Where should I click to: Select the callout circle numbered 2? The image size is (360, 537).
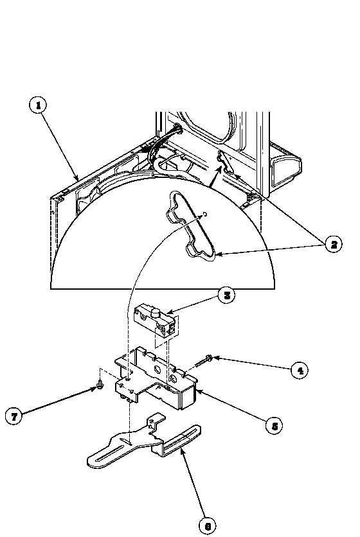(x=332, y=244)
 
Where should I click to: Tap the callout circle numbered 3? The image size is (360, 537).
(x=225, y=296)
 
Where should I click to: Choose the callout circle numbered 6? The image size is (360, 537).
(x=207, y=525)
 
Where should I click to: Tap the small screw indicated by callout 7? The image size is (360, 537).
(x=100, y=387)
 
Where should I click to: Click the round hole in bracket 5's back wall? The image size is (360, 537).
(x=158, y=371)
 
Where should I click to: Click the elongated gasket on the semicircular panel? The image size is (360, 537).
(x=192, y=226)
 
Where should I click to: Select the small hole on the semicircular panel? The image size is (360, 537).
(x=204, y=215)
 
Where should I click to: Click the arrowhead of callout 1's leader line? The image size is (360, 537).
(x=78, y=179)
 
